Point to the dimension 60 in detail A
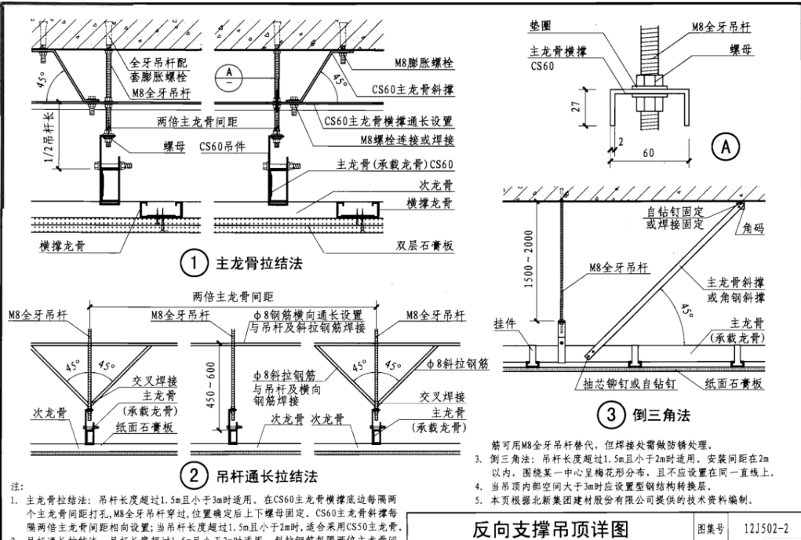647,154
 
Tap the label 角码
759,232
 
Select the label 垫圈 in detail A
537,26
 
